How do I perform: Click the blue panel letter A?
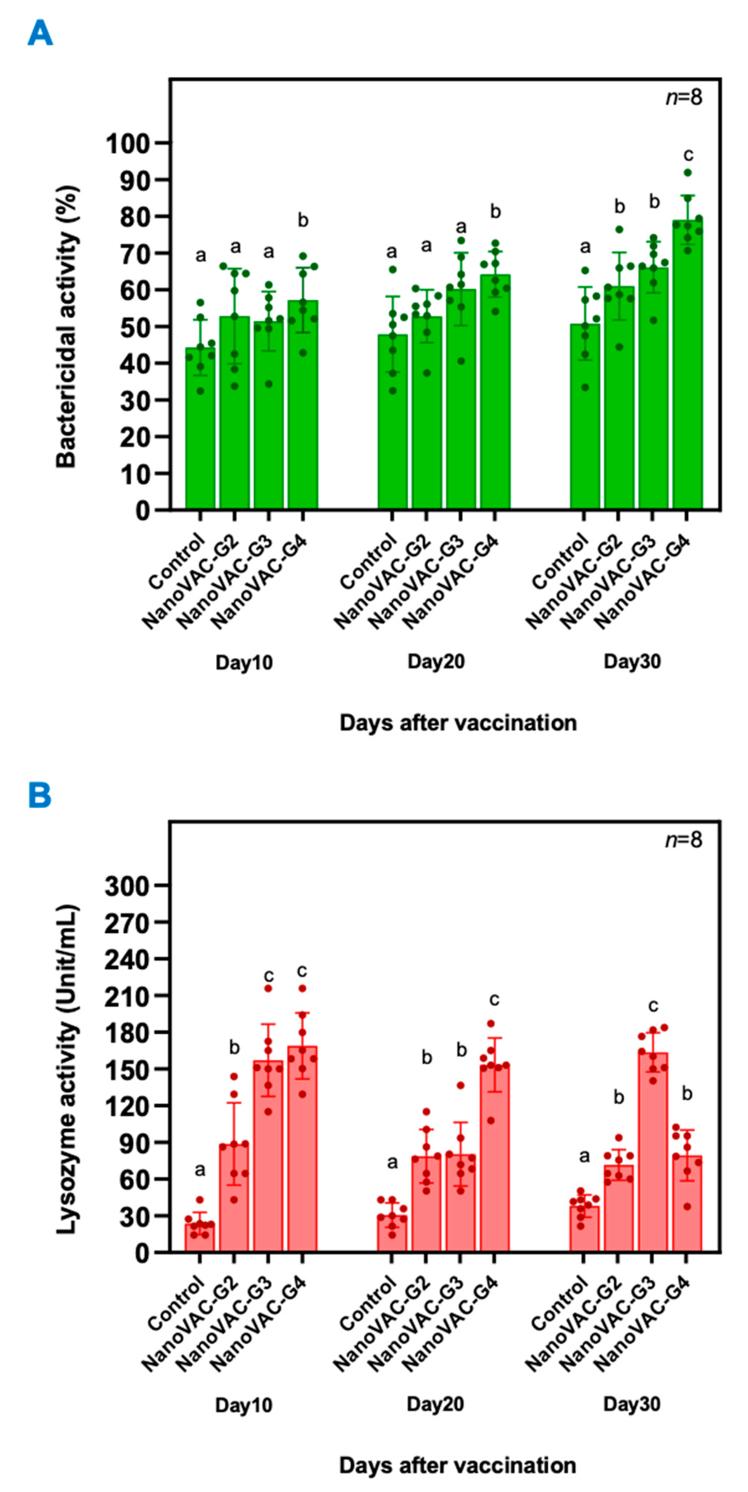click(x=40, y=33)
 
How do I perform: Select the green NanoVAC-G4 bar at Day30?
click(x=687, y=370)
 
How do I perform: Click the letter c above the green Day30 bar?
click(x=688, y=155)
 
